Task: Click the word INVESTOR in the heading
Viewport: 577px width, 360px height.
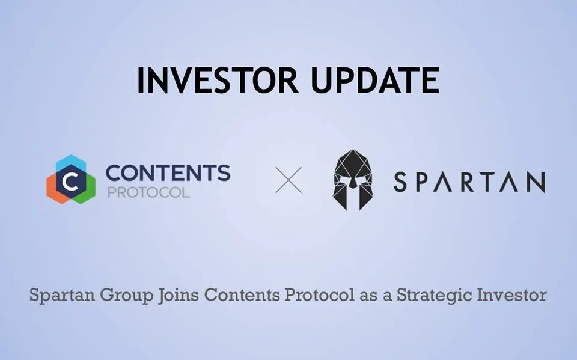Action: [218, 80]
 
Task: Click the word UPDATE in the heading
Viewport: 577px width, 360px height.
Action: [375, 80]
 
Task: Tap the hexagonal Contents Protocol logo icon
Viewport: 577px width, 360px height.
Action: [71, 179]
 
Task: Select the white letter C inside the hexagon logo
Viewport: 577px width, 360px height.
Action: [70, 180]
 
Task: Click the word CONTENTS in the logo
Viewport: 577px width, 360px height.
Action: [168, 172]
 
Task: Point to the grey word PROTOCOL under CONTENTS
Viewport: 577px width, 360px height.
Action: [148, 192]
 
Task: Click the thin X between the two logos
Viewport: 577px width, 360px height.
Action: [288, 180]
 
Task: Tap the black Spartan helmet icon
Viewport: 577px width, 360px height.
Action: [353, 180]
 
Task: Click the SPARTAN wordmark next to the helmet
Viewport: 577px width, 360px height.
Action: [469, 182]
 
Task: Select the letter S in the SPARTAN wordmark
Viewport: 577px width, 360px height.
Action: [400, 182]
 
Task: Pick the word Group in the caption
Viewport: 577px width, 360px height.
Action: [127, 295]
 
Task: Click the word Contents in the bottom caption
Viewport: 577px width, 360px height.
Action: [242, 295]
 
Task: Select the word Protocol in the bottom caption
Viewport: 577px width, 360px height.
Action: [319, 295]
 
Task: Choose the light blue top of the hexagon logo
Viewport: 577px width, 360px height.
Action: [71, 162]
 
